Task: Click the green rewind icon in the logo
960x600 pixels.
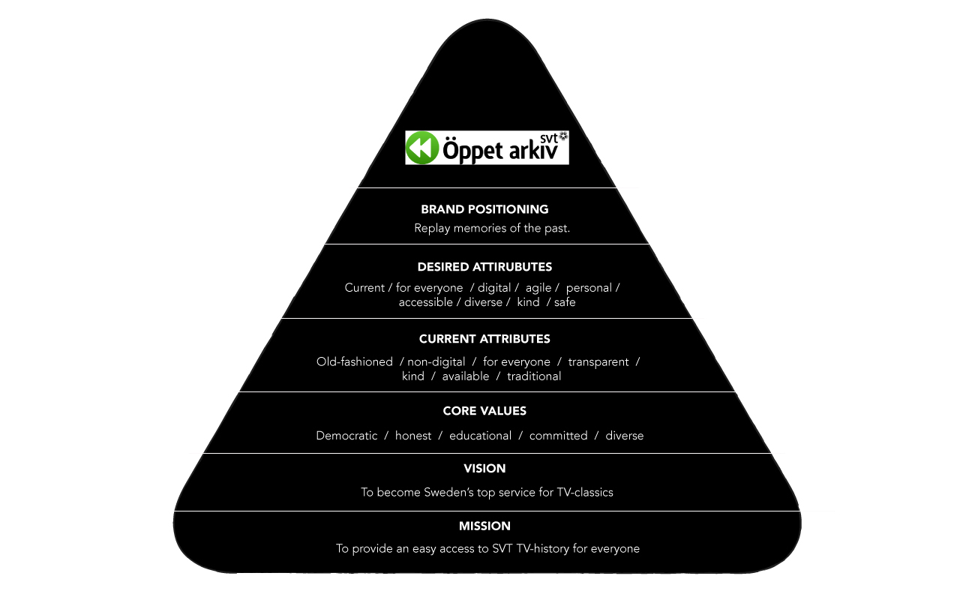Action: [x=422, y=148]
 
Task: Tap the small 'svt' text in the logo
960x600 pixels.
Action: [x=549, y=139]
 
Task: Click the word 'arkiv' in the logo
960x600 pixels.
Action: [x=533, y=151]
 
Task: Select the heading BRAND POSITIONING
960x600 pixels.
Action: [x=484, y=209]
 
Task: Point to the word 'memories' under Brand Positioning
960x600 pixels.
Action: [x=480, y=228]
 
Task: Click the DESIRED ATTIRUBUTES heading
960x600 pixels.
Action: [x=484, y=267]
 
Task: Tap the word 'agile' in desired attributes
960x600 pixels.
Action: [x=538, y=289]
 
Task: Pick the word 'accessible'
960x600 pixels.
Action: [x=425, y=302]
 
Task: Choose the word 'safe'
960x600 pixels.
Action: [x=565, y=302]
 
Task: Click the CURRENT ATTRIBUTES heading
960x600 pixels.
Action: [x=484, y=339]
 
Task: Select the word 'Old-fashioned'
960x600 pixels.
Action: [x=355, y=361]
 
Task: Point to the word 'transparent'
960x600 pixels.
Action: [x=598, y=362]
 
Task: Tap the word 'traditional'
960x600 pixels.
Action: [x=534, y=376]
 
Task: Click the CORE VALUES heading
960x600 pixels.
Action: [x=484, y=411]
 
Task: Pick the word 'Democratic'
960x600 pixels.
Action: [x=346, y=436]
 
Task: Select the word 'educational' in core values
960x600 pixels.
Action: [x=481, y=436]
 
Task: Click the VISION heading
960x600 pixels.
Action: [x=484, y=469]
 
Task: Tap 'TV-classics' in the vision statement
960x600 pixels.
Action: [x=585, y=493]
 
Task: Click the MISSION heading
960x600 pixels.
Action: [x=484, y=526]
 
